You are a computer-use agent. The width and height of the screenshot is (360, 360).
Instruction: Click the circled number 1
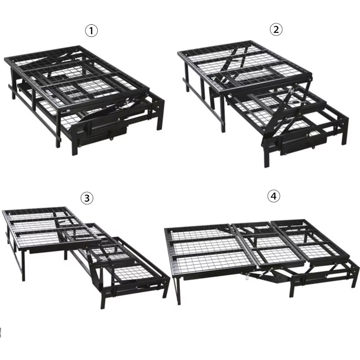[91, 31]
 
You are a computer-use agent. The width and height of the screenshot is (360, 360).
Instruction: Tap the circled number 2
[276, 30]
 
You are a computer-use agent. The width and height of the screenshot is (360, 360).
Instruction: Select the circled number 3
[87, 198]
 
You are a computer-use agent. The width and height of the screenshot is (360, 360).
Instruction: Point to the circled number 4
[274, 196]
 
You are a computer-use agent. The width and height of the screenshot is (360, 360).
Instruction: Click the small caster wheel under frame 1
[112, 139]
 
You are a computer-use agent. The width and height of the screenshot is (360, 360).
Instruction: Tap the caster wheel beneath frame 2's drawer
[313, 147]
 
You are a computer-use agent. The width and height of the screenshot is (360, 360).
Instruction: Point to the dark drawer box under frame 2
[303, 144]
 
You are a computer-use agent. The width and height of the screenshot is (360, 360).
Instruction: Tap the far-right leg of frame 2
[345, 131]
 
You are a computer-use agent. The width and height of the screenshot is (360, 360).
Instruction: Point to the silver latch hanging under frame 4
[247, 276]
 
